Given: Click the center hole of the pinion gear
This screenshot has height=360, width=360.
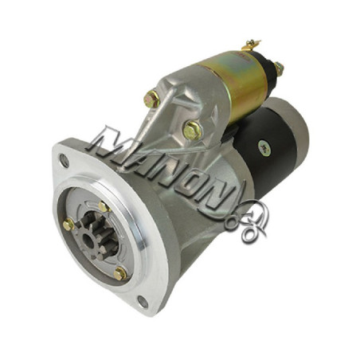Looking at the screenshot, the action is coord(88,241).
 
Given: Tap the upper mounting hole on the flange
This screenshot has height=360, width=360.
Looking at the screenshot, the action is coord(64,160).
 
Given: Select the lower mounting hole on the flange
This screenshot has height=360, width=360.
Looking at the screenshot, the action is coord(143,302).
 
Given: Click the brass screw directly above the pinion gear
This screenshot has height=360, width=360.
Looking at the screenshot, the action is coord(104,206).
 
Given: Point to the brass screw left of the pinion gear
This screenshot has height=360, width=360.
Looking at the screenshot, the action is coord(68,225).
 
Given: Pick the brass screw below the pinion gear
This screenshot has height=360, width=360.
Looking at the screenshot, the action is coord(120,274).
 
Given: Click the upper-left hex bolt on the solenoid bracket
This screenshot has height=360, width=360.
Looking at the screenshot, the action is coord(151,99).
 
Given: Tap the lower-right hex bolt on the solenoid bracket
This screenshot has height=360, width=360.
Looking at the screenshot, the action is coord(193,131).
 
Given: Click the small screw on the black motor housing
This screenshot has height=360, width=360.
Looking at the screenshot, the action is coord(264,148).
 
